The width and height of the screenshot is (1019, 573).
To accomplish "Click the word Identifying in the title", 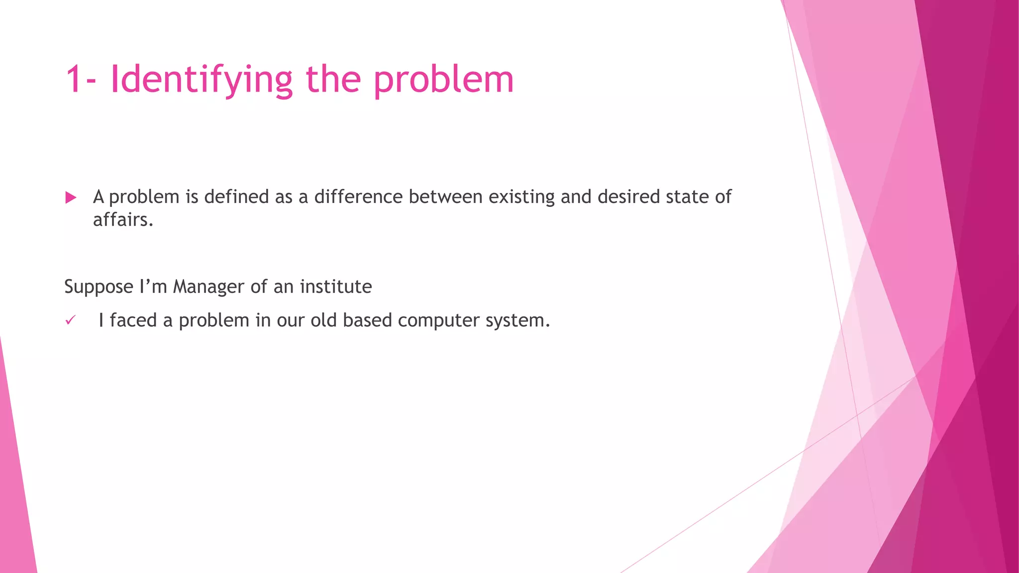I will click(x=201, y=80).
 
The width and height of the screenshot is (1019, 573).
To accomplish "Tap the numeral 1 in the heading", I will click(x=75, y=80).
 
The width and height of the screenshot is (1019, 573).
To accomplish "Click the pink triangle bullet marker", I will click(x=71, y=198).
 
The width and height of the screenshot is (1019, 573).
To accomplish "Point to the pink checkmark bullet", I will click(x=70, y=320).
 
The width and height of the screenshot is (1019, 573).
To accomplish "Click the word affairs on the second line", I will click(x=122, y=220).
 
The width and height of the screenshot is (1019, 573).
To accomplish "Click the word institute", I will click(x=336, y=287).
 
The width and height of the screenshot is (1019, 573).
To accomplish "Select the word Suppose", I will click(x=99, y=287).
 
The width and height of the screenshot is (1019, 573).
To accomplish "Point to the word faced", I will click(x=133, y=320).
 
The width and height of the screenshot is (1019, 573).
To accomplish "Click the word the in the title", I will click(x=333, y=80).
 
